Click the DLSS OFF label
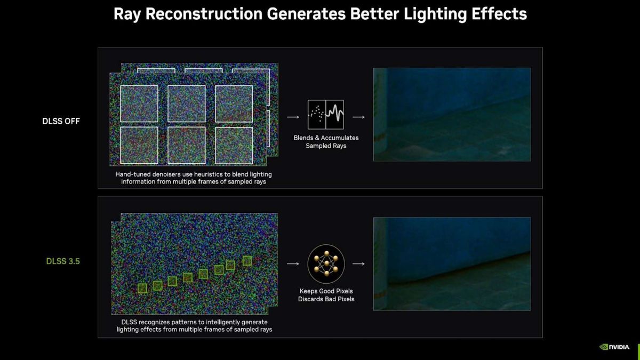tap(61, 121)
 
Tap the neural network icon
tap(326, 263)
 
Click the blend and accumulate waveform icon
tap(326, 114)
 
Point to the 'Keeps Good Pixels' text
tap(326, 291)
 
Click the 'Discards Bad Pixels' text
tap(326, 299)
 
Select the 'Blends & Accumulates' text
tap(326, 138)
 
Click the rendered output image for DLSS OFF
tap(452, 114)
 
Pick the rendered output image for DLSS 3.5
tap(452, 263)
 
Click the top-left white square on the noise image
tap(139, 103)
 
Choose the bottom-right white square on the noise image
tap(234, 145)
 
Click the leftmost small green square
tap(142, 288)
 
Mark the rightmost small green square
tap(247, 261)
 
